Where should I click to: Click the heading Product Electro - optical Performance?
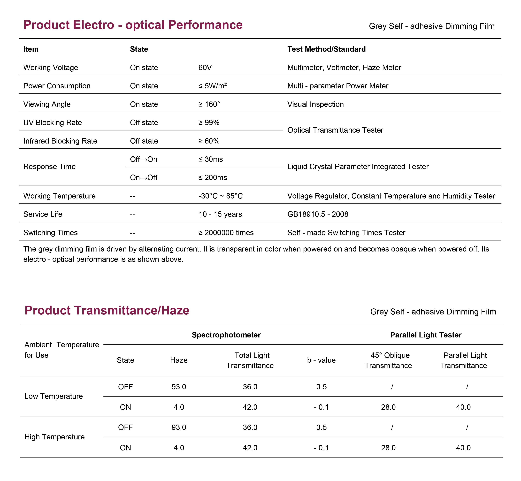(x=133, y=25)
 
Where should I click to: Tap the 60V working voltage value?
(x=205, y=68)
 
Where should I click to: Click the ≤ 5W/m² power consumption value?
(x=213, y=86)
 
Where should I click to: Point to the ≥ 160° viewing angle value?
(x=209, y=104)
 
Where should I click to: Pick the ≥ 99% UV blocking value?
(x=209, y=123)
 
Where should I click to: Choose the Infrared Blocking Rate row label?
(x=60, y=141)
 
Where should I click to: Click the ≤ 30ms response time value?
(x=211, y=159)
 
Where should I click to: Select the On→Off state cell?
(x=144, y=177)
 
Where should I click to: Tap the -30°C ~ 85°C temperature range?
(x=221, y=196)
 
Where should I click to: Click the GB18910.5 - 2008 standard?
(x=318, y=214)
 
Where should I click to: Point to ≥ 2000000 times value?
(x=226, y=233)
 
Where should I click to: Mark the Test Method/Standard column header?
(x=327, y=49)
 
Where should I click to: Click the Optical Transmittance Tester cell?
(x=335, y=130)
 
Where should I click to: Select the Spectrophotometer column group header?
(x=226, y=335)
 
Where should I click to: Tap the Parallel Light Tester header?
(x=426, y=335)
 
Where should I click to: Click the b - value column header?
(x=321, y=360)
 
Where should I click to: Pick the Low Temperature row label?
(x=54, y=396)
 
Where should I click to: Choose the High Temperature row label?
(x=55, y=437)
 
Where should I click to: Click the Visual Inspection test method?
(x=315, y=104)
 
